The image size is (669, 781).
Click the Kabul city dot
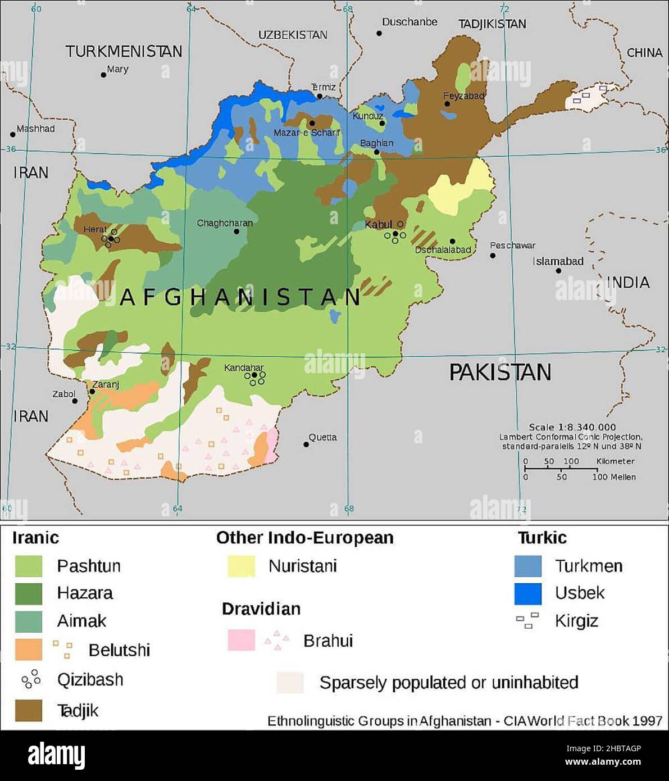point(395,233)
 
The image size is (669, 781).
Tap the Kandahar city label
point(243,368)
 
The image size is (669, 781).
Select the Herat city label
point(94,229)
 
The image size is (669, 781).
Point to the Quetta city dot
point(306,444)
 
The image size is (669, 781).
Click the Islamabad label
point(558,261)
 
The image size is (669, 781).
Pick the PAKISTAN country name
point(500,373)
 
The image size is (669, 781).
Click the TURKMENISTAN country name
point(124,52)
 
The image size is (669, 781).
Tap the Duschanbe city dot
point(379,33)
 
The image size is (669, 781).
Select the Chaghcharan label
point(225,223)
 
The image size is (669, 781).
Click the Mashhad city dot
point(13,135)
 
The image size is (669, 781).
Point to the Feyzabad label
point(464,96)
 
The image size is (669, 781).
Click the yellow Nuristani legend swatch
point(241,566)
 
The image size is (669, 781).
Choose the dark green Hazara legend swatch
point(28,593)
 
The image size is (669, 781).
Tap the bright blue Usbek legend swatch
point(528,593)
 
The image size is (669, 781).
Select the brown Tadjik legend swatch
point(28,710)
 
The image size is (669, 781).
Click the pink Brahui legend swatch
point(241,640)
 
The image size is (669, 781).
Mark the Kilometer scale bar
point(561,467)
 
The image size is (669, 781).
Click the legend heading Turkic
point(542,538)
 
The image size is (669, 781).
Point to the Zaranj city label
point(106,385)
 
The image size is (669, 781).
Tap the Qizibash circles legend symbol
point(31,679)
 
